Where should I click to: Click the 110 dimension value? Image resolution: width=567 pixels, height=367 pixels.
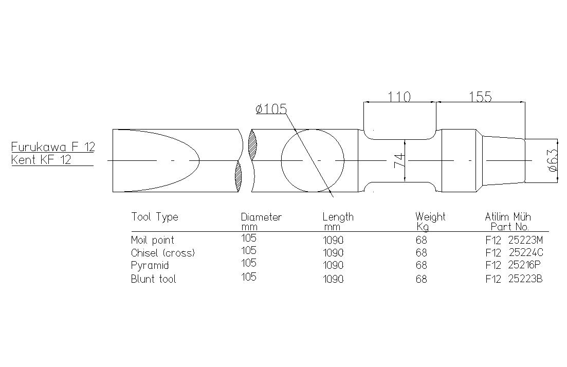[x=399, y=97]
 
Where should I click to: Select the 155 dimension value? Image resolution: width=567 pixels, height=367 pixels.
[x=481, y=97]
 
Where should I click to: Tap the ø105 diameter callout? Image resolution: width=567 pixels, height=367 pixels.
[x=271, y=108]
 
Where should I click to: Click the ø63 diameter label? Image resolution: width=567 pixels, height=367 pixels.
[x=553, y=160]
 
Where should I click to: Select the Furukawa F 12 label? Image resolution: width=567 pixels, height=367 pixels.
[x=53, y=147]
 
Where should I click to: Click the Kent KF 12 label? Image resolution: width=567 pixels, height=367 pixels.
[x=41, y=160]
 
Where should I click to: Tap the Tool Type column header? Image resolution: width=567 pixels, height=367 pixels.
[x=155, y=217]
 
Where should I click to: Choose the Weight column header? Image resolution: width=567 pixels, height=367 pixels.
[x=430, y=217]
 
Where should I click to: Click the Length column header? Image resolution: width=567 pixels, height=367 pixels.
[x=338, y=217]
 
